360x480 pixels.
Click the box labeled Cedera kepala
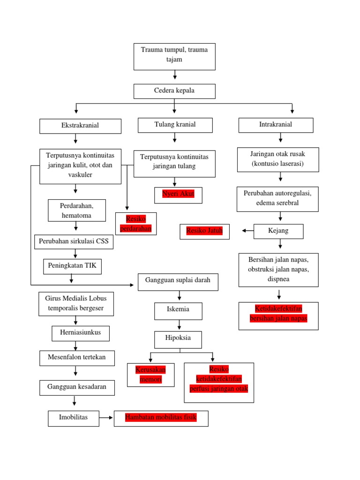(x=174, y=91)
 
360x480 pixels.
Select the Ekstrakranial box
(x=80, y=126)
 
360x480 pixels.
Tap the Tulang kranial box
(x=175, y=125)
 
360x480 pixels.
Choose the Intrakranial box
(x=276, y=125)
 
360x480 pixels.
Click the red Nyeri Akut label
(x=178, y=194)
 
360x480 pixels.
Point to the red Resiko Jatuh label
(x=204, y=231)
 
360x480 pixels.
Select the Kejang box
(x=278, y=231)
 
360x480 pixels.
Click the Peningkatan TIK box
(x=72, y=266)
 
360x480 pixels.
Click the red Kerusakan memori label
(x=150, y=375)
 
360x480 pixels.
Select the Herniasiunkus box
(x=80, y=333)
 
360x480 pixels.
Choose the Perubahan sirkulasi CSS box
(x=74, y=242)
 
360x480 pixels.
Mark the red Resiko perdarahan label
(x=136, y=224)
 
